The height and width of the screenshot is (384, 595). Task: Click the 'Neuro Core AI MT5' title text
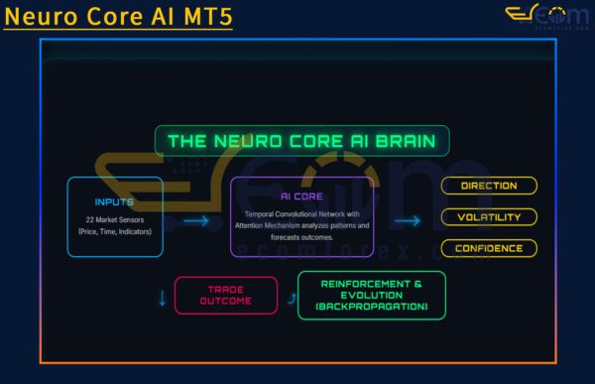click(117, 16)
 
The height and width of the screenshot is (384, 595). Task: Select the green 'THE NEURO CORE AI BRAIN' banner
click(301, 141)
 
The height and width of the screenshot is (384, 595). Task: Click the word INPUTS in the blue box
click(115, 201)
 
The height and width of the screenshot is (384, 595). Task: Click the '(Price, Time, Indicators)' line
click(115, 231)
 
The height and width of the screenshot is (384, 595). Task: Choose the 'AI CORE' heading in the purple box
click(301, 196)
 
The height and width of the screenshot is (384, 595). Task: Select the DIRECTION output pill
click(489, 186)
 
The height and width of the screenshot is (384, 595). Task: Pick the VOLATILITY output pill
click(489, 216)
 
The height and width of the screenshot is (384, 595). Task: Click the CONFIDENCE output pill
click(489, 248)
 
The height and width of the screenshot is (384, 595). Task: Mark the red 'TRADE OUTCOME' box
click(226, 295)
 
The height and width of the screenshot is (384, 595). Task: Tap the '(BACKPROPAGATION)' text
click(371, 308)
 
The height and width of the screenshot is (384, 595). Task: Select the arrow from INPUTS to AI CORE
click(196, 220)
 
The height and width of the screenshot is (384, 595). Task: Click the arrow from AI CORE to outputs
click(407, 221)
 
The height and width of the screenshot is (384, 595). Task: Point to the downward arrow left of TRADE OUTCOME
click(163, 297)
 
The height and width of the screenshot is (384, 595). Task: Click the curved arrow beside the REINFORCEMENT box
click(290, 296)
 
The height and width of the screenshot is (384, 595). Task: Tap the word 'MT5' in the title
click(206, 16)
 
